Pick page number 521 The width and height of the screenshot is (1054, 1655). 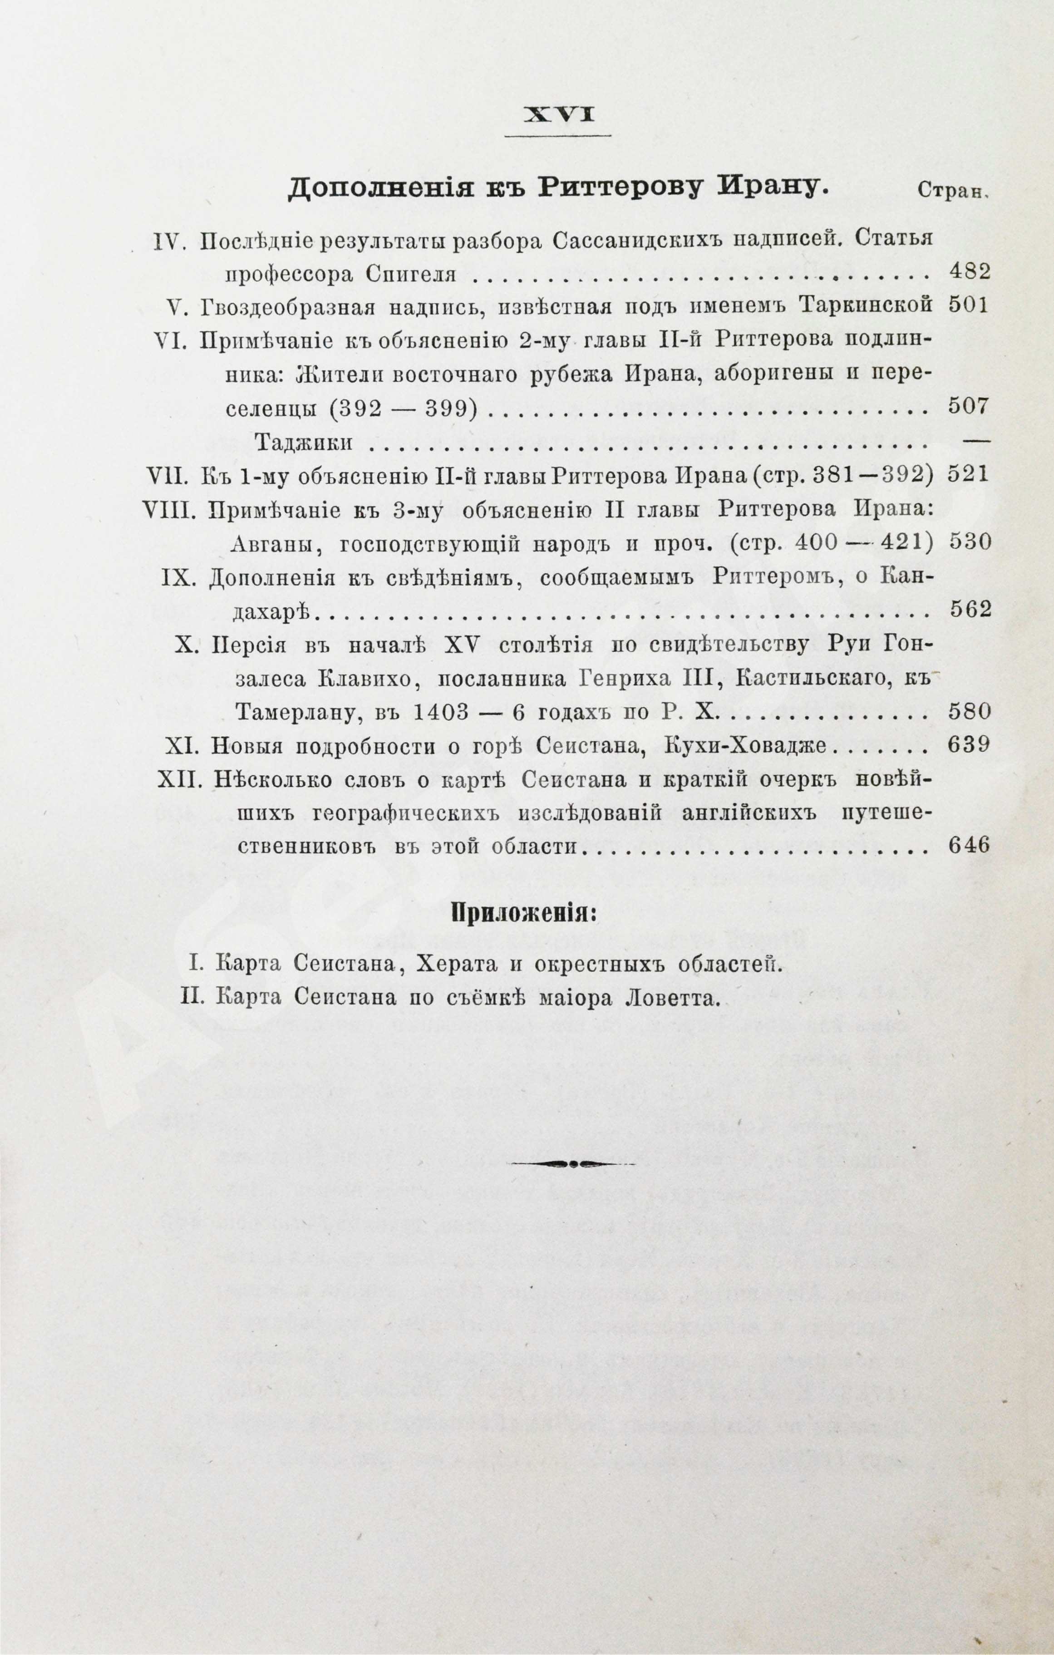(x=969, y=476)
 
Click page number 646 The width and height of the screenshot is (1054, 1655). (x=969, y=845)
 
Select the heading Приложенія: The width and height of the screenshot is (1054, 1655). (x=523, y=914)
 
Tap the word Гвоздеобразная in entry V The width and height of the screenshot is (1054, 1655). (x=289, y=306)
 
